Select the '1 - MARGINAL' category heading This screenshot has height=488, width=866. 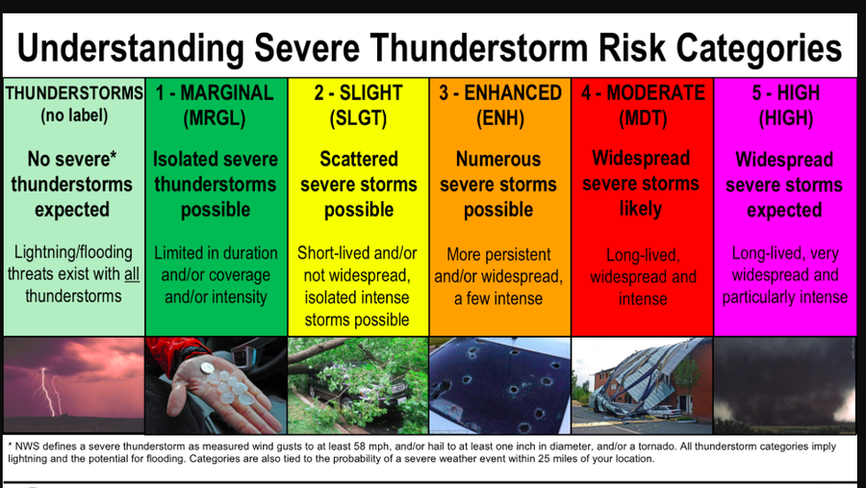click(x=216, y=93)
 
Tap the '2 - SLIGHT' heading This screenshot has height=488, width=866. click(x=358, y=93)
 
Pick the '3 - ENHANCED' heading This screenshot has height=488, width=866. click(x=498, y=93)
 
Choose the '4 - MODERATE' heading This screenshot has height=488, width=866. click(x=642, y=93)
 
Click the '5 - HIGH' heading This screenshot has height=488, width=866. click(x=785, y=93)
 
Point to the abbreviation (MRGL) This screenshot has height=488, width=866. click(x=216, y=118)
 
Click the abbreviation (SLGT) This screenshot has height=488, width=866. click(x=358, y=118)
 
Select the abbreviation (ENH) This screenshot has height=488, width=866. click(x=498, y=118)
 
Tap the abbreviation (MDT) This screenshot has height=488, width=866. click(x=642, y=118)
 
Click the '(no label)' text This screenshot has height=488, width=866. click(x=73, y=116)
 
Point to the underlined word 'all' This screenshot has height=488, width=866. click(x=131, y=274)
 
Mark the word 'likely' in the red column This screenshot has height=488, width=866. click(x=641, y=208)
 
